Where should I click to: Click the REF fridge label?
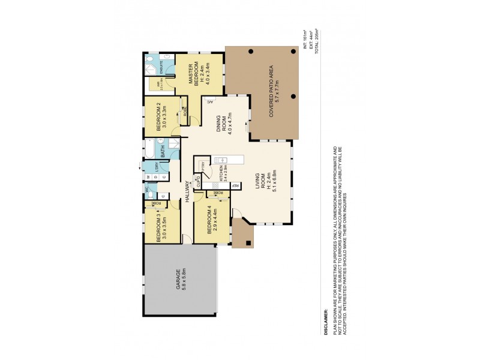pos(236,185)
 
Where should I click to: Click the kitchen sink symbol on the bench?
pos(223,160)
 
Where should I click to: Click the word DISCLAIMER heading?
pos(326,321)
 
